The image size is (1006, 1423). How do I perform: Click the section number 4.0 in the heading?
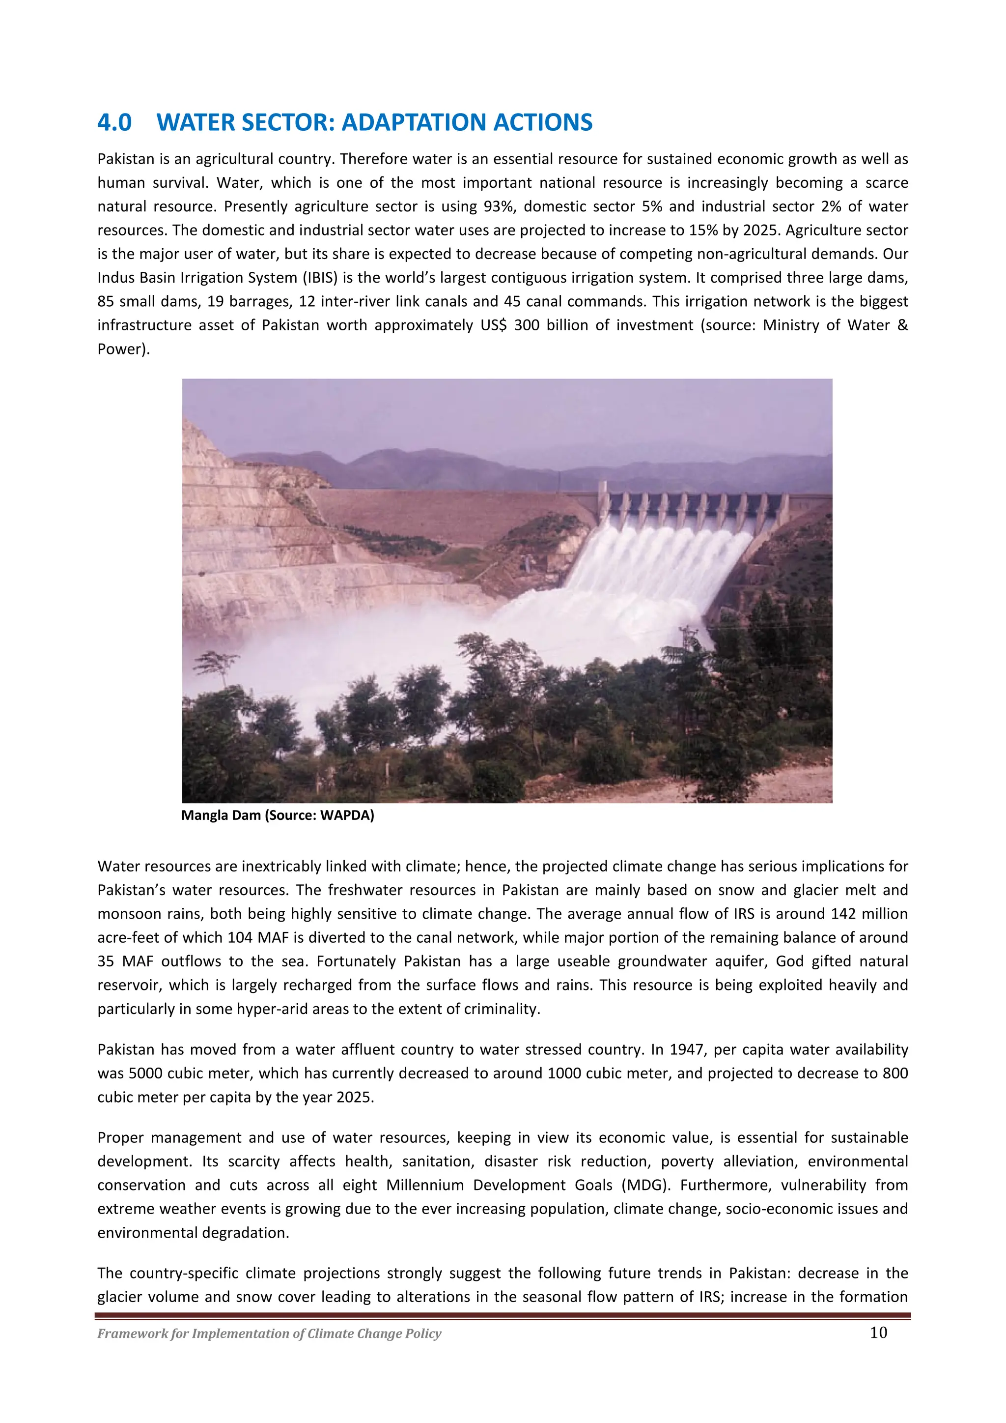(x=114, y=123)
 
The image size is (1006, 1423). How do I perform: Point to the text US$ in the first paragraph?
(x=493, y=325)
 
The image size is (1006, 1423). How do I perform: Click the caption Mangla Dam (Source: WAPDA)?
(x=278, y=815)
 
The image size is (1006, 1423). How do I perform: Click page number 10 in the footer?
(x=878, y=1333)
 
